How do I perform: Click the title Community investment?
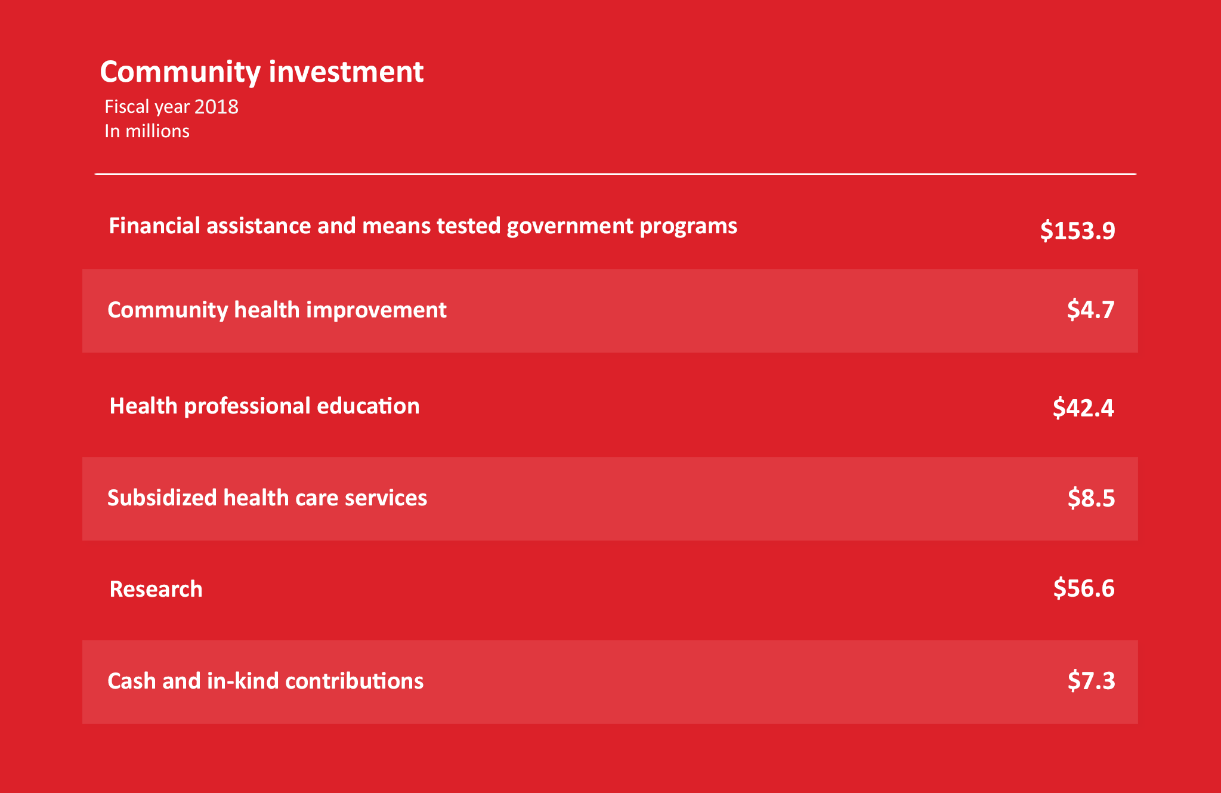click(x=261, y=72)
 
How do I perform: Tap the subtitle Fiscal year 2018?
click(x=171, y=107)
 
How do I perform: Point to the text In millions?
click(x=147, y=131)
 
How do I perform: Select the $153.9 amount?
click(x=1077, y=230)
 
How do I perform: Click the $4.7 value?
click(x=1090, y=310)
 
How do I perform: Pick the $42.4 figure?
click(x=1083, y=408)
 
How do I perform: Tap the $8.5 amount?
click(x=1091, y=498)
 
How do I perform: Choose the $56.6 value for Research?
click(x=1084, y=588)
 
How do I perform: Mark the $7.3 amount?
click(x=1091, y=681)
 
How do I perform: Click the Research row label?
click(x=156, y=589)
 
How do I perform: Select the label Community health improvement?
click(x=277, y=310)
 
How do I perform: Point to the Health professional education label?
click(x=264, y=406)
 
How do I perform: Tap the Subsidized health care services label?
click(x=267, y=498)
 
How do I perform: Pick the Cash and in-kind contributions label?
click(x=265, y=681)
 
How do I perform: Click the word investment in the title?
click(x=346, y=72)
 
